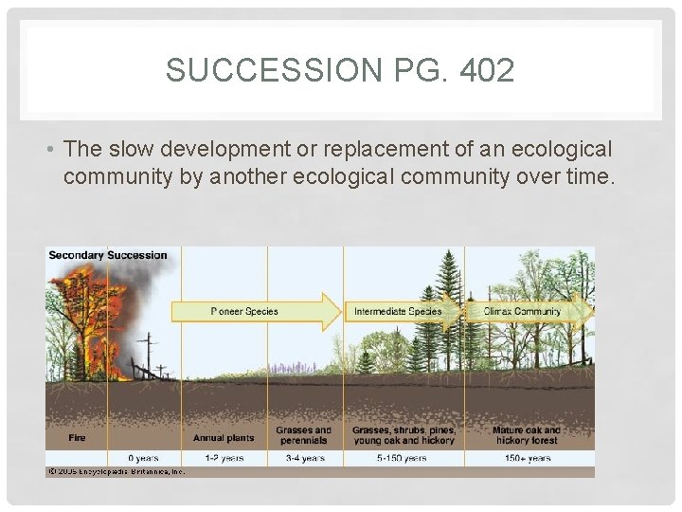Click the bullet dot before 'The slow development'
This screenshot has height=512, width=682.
point(53,151)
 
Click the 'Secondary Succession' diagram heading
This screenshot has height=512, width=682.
point(107,255)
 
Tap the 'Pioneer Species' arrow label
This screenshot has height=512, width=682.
point(243,311)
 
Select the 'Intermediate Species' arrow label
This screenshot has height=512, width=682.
point(398,311)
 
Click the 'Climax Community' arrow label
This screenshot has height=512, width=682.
point(522,311)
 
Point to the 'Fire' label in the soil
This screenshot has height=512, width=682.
point(77,438)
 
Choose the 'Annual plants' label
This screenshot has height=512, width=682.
point(223,438)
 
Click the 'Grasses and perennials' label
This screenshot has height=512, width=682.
point(303,435)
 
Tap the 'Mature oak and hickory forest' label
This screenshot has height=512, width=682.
point(526,435)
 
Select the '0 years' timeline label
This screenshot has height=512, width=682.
point(142,458)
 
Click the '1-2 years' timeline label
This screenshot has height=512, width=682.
point(223,458)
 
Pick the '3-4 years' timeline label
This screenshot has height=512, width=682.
point(303,458)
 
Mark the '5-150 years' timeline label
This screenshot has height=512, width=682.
point(403,458)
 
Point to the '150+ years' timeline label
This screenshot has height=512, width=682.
point(526,458)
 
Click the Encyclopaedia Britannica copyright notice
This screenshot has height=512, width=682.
point(116,471)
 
